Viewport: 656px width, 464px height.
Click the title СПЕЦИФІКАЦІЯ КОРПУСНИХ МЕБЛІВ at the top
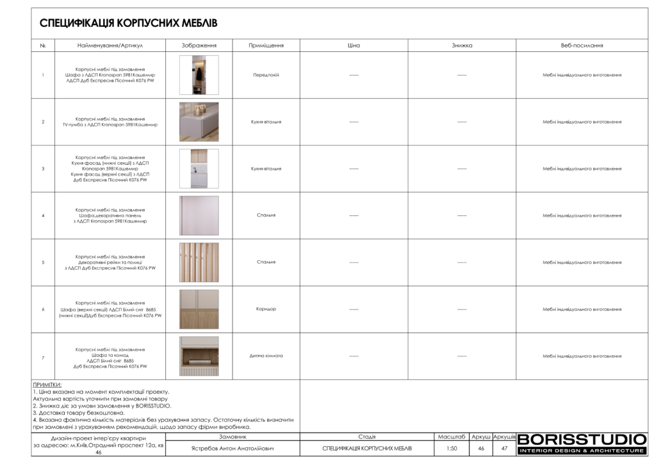(x=128, y=23)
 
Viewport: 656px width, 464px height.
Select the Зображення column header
(x=199, y=46)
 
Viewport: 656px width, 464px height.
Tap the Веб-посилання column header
(x=582, y=46)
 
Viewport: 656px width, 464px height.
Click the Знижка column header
(x=461, y=46)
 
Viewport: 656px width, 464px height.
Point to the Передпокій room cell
(x=266, y=75)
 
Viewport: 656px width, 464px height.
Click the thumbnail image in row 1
(x=199, y=75)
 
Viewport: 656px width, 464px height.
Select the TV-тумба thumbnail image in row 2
(x=199, y=122)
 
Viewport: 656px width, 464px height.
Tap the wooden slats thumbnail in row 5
(x=199, y=262)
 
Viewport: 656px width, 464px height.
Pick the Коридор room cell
(x=266, y=309)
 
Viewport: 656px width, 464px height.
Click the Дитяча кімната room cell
(x=266, y=356)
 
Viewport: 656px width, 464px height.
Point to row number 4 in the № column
(x=43, y=215)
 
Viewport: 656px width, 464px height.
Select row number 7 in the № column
(x=43, y=356)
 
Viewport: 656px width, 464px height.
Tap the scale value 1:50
(x=452, y=449)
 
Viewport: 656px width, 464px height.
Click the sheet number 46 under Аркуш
(x=481, y=449)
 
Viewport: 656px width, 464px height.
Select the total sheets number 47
(x=504, y=449)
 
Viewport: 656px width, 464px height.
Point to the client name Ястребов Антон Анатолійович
(x=233, y=449)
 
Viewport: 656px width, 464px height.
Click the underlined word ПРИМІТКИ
(x=47, y=385)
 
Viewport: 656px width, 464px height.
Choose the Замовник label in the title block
(x=233, y=436)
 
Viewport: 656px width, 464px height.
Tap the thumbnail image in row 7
(x=199, y=356)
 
